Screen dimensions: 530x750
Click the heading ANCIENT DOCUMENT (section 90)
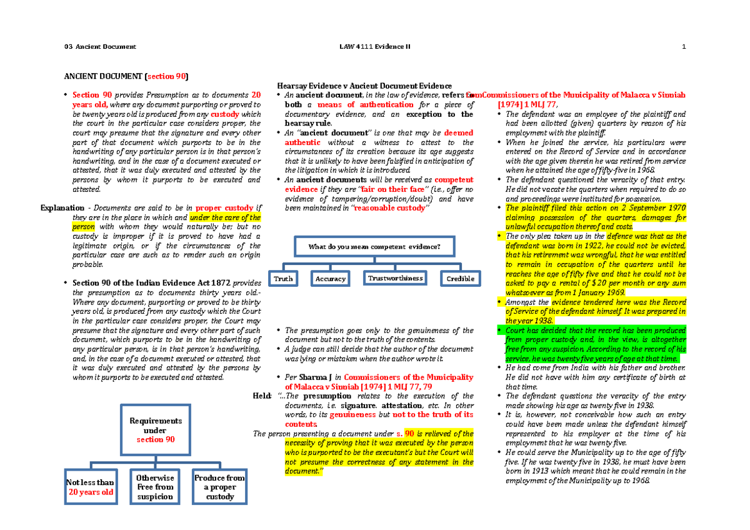124,76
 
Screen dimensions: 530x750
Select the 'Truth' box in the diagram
283,279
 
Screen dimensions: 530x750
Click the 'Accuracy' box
331,279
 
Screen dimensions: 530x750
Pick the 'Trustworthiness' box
396,278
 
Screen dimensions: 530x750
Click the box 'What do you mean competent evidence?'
374,247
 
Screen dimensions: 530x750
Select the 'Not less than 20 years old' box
91,487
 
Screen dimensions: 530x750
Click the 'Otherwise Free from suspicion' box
155,487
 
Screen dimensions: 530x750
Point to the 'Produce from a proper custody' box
219,487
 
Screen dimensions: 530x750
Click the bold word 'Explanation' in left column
61,208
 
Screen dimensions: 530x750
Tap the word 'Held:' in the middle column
261,396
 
